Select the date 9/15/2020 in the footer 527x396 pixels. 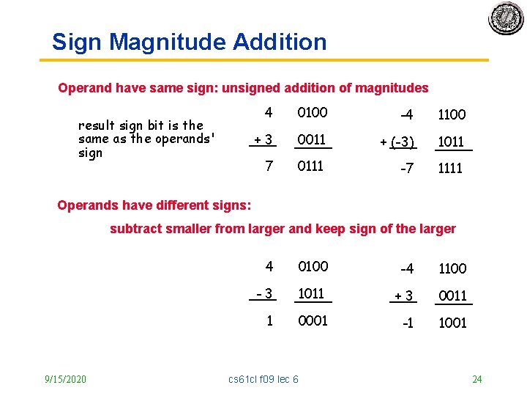point(65,379)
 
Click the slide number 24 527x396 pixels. point(477,379)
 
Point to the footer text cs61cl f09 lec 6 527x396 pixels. point(263,379)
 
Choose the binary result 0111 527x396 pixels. point(310,166)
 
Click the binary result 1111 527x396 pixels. point(450,169)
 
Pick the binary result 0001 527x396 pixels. point(313,320)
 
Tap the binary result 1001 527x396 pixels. point(452,323)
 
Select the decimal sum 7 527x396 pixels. point(269,166)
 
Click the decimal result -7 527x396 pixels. point(406,169)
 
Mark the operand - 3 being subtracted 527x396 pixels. point(263,294)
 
